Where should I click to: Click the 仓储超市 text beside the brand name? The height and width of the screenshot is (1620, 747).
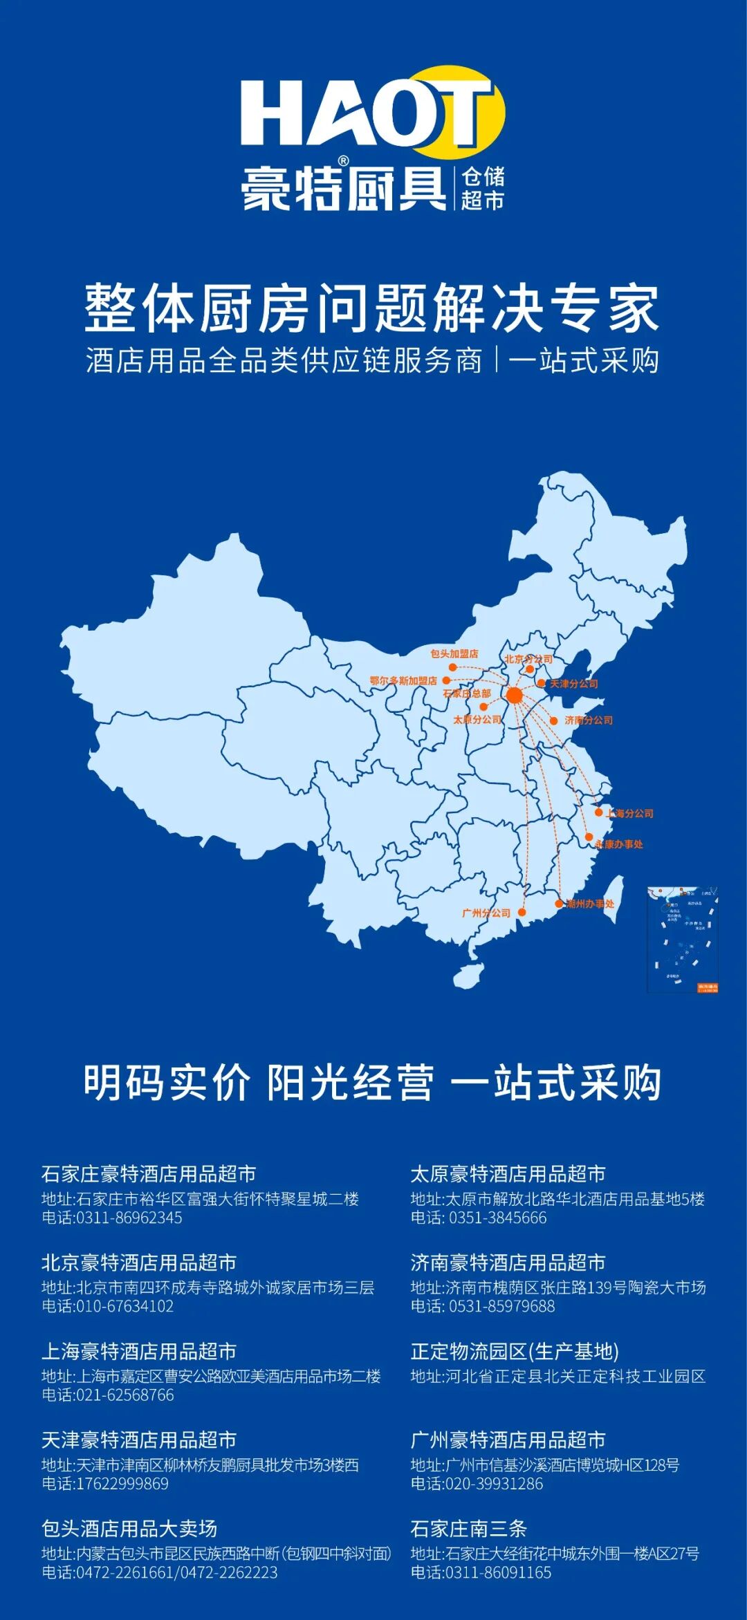click(x=483, y=188)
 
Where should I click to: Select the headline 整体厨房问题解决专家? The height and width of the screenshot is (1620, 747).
click(x=372, y=308)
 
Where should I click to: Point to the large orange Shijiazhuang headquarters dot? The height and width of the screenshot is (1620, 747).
click(x=514, y=696)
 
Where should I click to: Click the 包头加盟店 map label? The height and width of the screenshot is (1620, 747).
click(x=454, y=653)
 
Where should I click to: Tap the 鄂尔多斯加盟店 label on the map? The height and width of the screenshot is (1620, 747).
click(x=403, y=680)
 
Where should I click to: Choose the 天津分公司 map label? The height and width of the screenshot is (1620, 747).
click(x=573, y=683)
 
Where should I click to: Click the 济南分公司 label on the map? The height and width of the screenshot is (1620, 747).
click(x=589, y=720)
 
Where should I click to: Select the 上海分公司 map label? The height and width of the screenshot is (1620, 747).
click(x=629, y=813)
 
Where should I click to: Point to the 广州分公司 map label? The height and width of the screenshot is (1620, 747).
click(x=486, y=913)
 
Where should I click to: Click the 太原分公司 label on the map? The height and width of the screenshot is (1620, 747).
click(x=477, y=719)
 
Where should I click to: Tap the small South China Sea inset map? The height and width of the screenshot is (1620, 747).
click(x=682, y=939)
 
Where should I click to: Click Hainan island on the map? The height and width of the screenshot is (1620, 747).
click(x=468, y=975)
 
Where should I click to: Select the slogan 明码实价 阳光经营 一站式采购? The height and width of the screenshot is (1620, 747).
click(x=372, y=1083)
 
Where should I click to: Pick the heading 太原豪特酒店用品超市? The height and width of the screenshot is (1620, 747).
click(x=508, y=1174)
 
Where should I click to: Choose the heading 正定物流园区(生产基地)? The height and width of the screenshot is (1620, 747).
click(x=515, y=1351)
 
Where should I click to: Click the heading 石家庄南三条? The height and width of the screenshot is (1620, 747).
click(x=468, y=1528)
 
